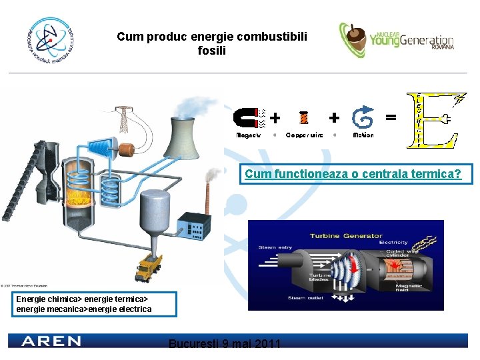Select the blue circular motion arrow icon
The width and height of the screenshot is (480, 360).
[x=363, y=119]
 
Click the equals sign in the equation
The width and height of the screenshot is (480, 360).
[x=391, y=117]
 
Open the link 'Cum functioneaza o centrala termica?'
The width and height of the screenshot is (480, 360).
[x=353, y=174]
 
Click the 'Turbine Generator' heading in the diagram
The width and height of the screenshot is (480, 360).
[x=346, y=236]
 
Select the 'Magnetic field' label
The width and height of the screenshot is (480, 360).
[x=418, y=286]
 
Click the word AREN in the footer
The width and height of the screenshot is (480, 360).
[x=51, y=341]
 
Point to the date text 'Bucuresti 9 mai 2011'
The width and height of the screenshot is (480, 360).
[x=225, y=344]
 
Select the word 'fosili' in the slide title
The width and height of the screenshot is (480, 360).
[x=212, y=51]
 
